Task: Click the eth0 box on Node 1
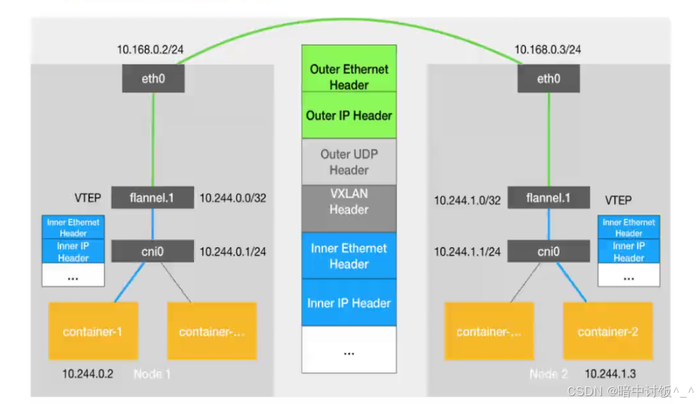(153, 78)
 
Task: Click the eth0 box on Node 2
(548, 78)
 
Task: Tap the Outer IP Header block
(349, 116)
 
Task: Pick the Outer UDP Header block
(349, 162)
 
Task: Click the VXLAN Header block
(349, 202)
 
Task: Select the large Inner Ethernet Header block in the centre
(349, 256)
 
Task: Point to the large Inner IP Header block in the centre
(349, 303)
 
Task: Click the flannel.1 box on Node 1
(152, 198)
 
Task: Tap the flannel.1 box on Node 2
(548, 198)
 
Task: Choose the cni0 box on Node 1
(152, 251)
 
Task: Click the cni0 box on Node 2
(548, 251)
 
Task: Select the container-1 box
(92, 331)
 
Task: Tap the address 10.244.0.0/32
(233, 199)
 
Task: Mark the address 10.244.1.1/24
(468, 251)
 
